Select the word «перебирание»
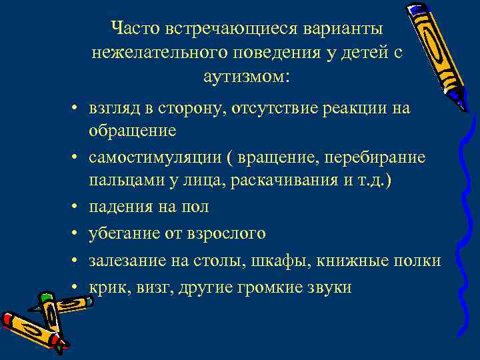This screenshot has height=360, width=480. (376, 157)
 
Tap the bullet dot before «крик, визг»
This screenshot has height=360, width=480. (77, 287)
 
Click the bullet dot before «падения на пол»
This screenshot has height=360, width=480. (77, 207)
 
